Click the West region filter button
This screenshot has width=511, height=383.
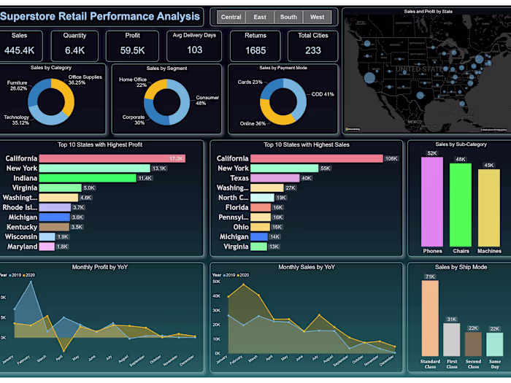tap(317, 17)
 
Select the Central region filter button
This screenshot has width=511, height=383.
tap(231, 17)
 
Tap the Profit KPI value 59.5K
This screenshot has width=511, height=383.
tap(133, 50)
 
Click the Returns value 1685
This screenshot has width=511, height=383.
tap(255, 50)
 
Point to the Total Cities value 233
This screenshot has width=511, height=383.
tap(313, 50)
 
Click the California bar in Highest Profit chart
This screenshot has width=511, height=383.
tap(112, 158)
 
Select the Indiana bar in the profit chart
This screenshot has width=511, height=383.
tap(88, 178)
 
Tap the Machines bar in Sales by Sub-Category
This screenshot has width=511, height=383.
tap(488, 207)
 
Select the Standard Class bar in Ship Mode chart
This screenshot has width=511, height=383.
tap(430, 317)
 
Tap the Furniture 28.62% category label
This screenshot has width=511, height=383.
tap(18, 86)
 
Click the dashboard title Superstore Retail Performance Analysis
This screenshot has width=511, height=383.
tap(104, 15)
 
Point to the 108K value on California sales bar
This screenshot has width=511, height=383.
tap(391, 158)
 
